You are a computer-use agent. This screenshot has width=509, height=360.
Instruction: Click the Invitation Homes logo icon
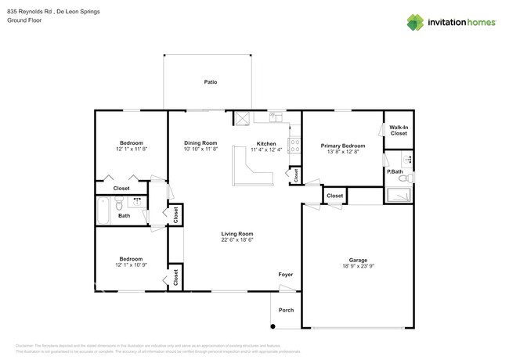(x=415, y=22)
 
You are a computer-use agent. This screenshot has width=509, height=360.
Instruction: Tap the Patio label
(x=210, y=82)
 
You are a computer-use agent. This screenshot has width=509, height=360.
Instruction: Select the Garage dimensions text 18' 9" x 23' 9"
(x=358, y=267)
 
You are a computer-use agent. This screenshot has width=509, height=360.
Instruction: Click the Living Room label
(x=236, y=233)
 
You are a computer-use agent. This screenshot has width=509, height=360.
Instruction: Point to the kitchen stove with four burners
(x=294, y=146)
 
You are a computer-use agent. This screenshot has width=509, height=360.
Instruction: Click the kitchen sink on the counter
(x=276, y=117)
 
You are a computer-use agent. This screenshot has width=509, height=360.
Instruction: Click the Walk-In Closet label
(x=399, y=130)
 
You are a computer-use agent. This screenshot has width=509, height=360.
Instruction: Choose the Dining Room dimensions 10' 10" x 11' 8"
(x=200, y=149)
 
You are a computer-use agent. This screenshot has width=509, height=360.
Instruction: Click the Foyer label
(x=285, y=275)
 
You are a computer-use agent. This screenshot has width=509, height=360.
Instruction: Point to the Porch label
(x=287, y=310)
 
